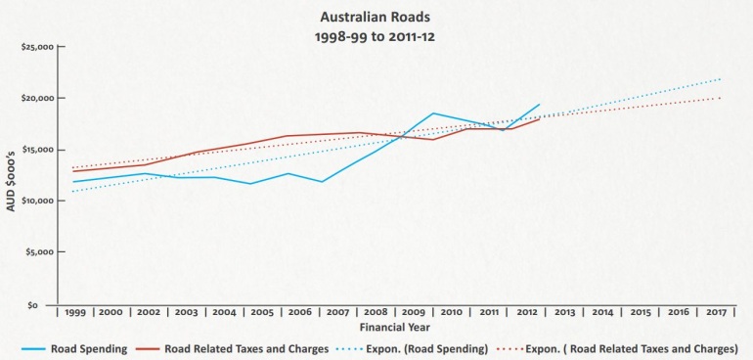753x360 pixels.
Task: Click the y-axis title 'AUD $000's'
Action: tap(13, 176)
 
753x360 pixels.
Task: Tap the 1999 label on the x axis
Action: tap(75, 311)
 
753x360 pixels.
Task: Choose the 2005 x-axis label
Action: tap(263, 311)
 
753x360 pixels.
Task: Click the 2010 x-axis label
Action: tap(451, 311)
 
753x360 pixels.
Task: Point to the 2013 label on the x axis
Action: tap(564, 311)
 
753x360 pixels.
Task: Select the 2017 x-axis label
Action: tap(715, 311)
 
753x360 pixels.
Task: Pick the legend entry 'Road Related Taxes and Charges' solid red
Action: tap(244, 349)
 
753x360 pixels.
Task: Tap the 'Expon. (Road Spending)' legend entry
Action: tap(424, 349)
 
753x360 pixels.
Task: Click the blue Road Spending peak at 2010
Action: tap(433, 113)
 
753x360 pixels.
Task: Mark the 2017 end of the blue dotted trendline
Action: tap(721, 79)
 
